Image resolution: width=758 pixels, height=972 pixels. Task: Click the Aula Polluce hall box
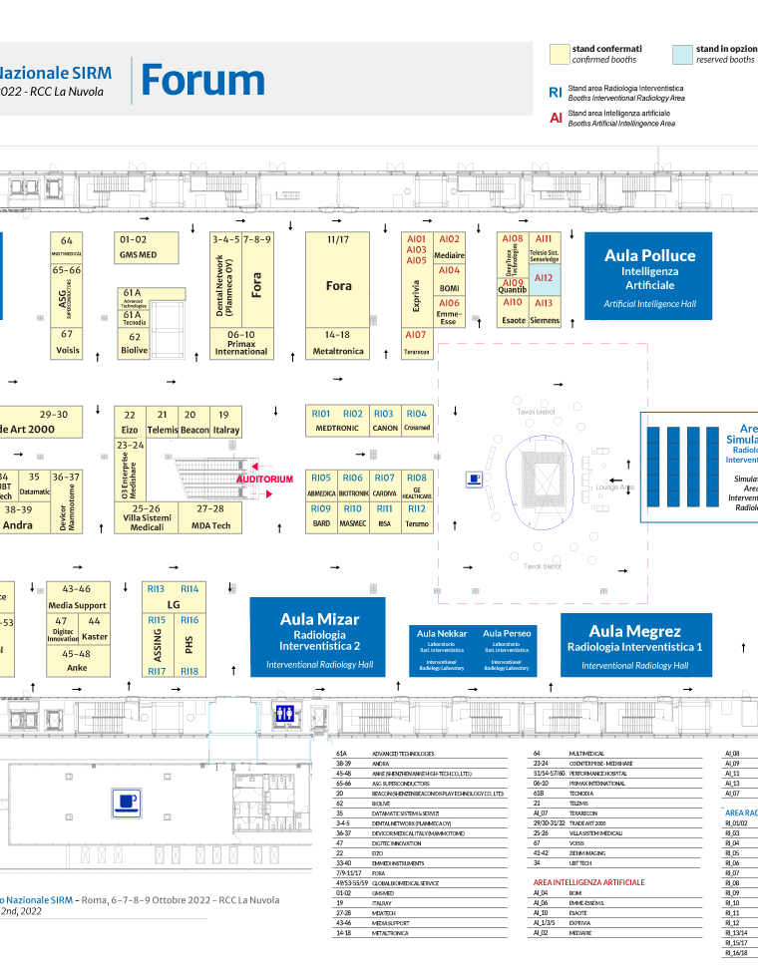pos(648,276)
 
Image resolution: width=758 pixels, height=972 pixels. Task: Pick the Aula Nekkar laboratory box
pos(441,649)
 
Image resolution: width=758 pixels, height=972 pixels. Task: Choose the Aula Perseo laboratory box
pos(507,649)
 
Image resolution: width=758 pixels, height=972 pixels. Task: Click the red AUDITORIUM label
pos(264,480)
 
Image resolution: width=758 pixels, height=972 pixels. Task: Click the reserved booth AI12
pos(544,279)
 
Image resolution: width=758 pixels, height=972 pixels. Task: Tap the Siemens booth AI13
pos(544,312)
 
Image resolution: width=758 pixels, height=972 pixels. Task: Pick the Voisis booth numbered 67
pos(67,342)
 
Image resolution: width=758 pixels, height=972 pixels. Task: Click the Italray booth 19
pos(226,423)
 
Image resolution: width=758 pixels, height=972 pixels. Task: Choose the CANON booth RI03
pos(385,420)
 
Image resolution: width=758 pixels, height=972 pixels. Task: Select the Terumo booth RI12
pos(417,515)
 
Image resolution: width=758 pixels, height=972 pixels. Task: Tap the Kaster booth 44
pos(95,629)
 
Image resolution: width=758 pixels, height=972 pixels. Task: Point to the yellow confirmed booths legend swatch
pos(560,54)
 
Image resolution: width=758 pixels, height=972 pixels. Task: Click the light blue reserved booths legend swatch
pos(682,54)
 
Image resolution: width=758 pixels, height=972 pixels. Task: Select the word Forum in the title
pos(203,81)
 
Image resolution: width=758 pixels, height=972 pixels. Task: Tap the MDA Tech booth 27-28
pos(210,517)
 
